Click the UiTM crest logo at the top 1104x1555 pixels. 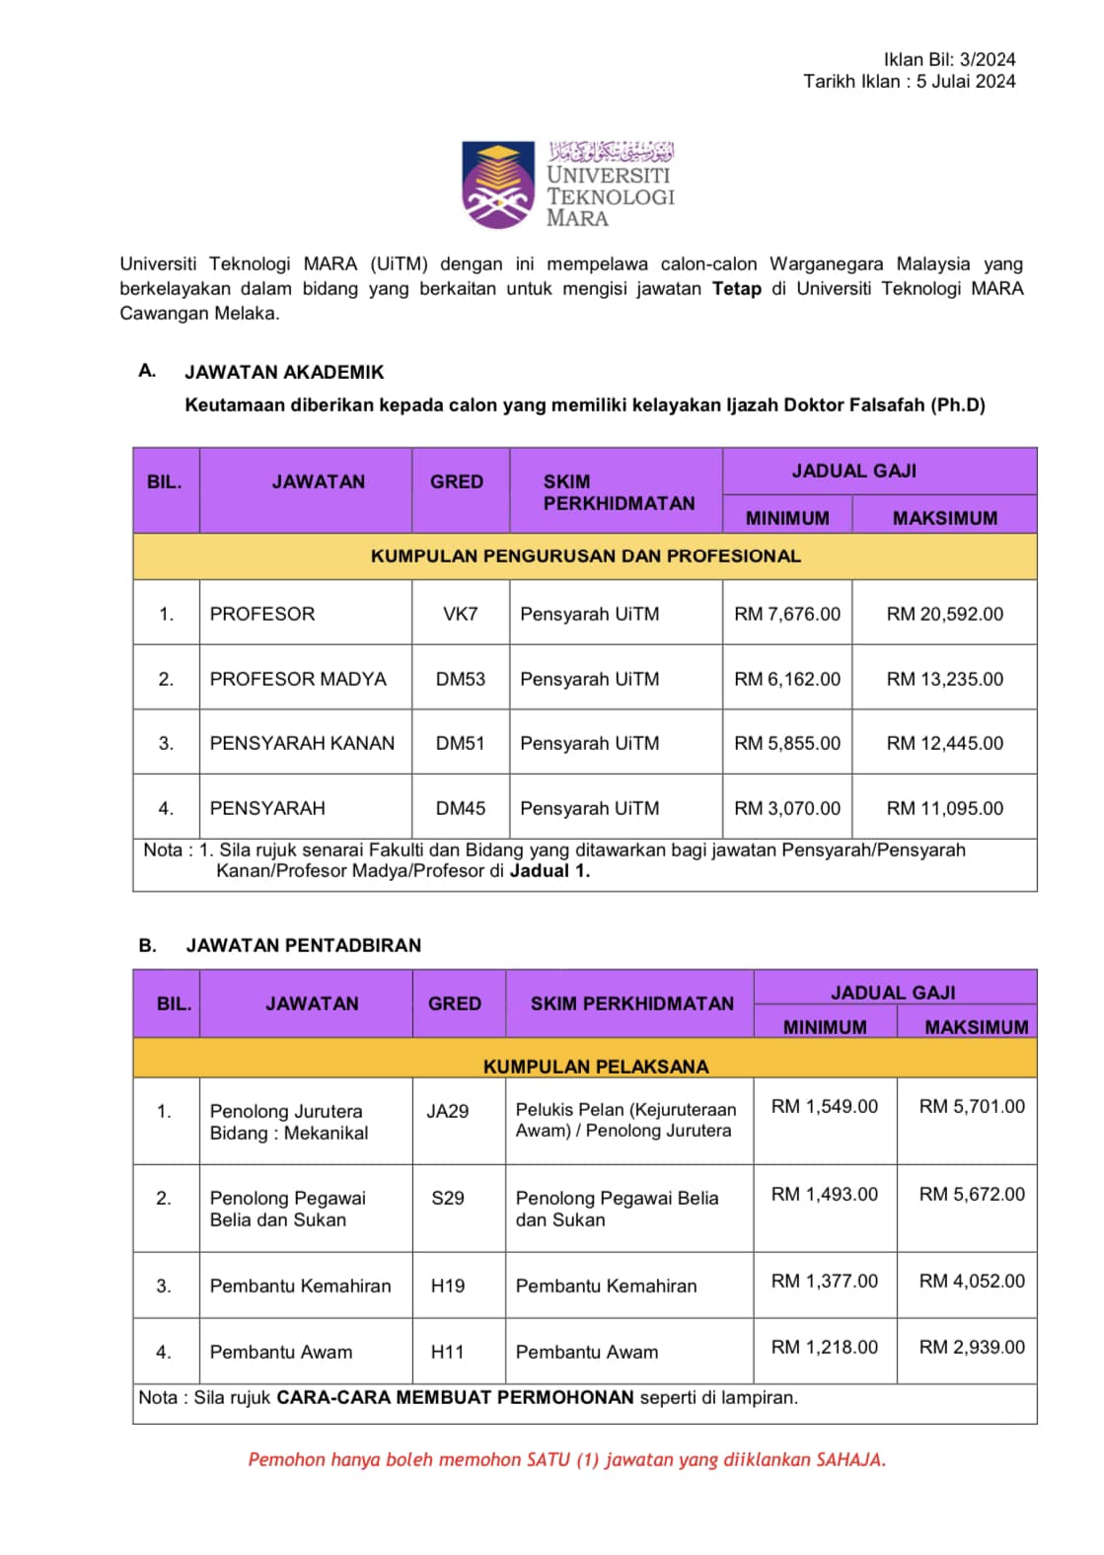(x=500, y=185)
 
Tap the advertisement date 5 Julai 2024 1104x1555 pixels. (x=965, y=82)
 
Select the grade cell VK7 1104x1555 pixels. (x=460, y=614)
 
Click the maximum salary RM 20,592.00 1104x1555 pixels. (x=944, y=614)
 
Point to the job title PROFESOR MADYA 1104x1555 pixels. (x=298, y=679)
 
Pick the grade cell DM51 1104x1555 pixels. (x=460, y=743)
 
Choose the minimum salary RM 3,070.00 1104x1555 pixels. (x=787, y=808)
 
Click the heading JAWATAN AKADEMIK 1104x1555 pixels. (x=284, y=372)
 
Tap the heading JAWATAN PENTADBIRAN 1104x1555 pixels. (x=303, y=945)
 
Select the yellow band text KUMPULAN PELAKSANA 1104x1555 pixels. (x=596, y=1067)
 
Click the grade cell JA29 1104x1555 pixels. (x=447, y=1111)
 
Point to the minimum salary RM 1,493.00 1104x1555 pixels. (x=824, y=1194)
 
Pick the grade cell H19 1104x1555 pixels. (x=447, y=1286)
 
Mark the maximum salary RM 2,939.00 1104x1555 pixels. (x=972, y=1347)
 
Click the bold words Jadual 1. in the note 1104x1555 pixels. (x=550, y=871)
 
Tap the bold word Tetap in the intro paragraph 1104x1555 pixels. (x=736, y=289)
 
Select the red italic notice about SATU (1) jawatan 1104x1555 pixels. (x=566, y=1459)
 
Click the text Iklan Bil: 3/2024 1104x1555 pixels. (x=949, y=59)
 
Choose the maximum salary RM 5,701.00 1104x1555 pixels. (x=972, y=1106)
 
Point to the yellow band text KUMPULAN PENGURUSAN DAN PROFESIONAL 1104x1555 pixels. (x=585, y=556)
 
